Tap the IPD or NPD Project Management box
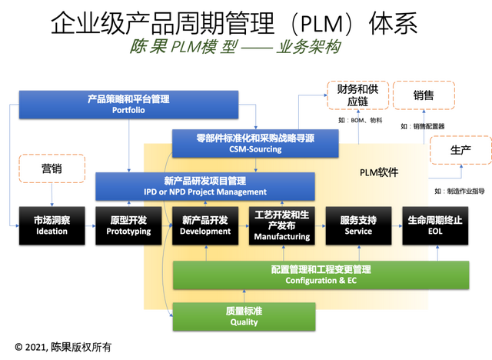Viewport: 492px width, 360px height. [x=204, y=186]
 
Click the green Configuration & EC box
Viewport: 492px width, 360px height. [x=321, y=275]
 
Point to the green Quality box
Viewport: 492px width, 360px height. [x=244, y=316]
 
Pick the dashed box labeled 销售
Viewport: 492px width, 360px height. [x=424, y=95]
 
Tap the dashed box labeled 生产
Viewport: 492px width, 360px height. [x=460, y=150]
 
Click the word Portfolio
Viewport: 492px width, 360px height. [x=128, y=110]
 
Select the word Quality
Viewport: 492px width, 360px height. [x=244, y=322]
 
